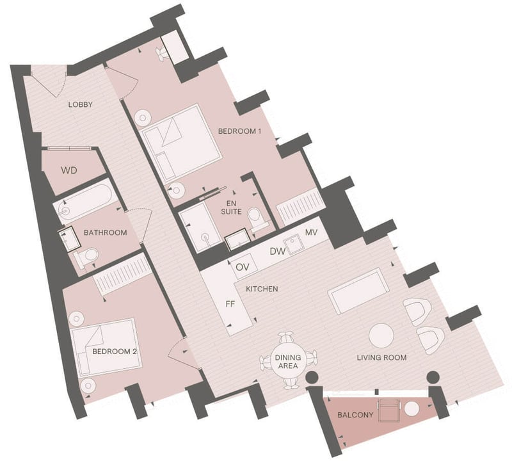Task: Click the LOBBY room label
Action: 81,104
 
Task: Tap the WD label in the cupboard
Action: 69,170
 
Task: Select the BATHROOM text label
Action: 105,232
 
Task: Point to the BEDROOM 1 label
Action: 239,131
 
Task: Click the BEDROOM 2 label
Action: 115,352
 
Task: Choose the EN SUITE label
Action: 231,207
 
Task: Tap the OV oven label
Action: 243,267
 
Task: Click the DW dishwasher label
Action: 278,251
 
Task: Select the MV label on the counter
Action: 311,232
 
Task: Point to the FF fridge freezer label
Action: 230,304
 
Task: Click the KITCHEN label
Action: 262,289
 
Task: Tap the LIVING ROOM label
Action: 381,357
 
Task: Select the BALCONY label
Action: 355,415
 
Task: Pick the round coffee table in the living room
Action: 381,336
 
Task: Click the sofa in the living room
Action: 358,291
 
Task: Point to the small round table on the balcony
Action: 412,409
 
